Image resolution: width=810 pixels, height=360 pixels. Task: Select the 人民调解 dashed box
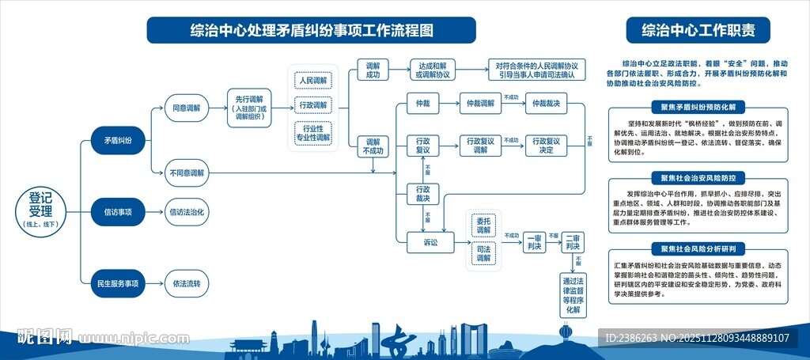tap(313, 80)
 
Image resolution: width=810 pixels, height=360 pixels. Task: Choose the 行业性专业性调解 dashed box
tap(313, 132)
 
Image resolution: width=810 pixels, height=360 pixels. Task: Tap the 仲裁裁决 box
tap(546, 104)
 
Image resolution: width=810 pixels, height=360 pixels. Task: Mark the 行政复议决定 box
tap(546, 146)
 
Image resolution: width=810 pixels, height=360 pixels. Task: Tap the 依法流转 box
tap(187, 282)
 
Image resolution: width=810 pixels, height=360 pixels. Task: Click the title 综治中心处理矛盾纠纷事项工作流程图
tap(311, 31)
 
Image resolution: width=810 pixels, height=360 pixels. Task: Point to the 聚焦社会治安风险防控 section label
tap(698, 178)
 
